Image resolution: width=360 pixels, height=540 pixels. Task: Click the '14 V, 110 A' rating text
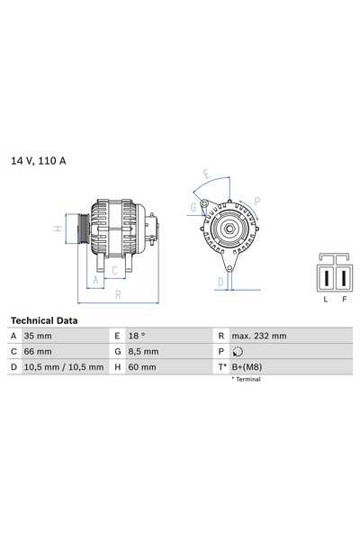click(39, 161)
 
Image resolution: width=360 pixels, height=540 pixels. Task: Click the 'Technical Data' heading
click(43, 320)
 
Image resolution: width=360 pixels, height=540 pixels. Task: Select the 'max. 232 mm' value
click(261, 336)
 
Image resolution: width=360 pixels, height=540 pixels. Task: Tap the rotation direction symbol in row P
click(238, 352)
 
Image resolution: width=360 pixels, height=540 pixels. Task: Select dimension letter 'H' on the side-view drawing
click(58, 229)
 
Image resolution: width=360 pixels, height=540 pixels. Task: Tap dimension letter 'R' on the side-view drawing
click(117, 293)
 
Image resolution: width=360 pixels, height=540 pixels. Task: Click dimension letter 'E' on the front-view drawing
click(207, 174)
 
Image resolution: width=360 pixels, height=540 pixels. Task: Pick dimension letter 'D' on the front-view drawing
click(219, 282)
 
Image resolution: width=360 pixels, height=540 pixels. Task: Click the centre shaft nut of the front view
click(229, 230)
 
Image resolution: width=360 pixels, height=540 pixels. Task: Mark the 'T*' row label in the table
click(221, 367)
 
